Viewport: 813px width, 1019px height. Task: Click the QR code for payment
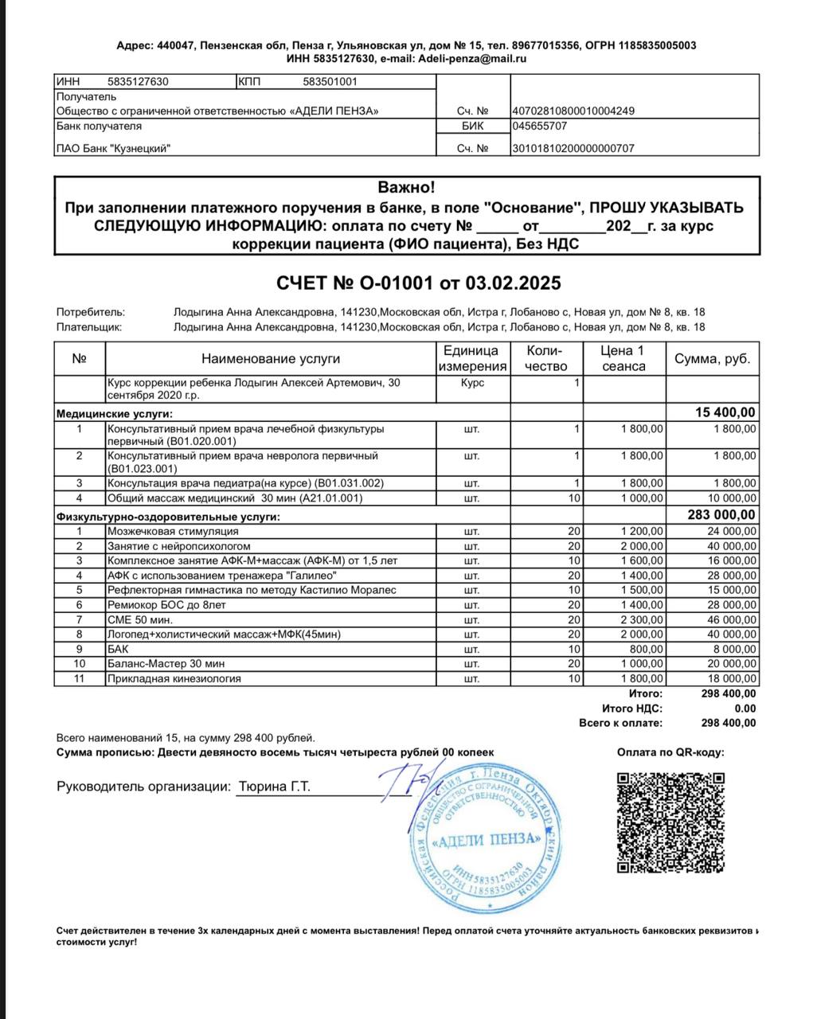tap(671, 822)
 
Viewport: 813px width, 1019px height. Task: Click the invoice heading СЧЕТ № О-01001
tap(418, 283)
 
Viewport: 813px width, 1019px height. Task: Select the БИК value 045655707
tap(540, 126)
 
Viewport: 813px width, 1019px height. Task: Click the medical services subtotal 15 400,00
tap(725, 412)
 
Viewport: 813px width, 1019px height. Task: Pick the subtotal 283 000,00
tap(721, 515)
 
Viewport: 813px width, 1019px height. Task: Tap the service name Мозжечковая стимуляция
tap(173, 531)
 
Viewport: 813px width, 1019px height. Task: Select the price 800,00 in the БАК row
tap(647, 649)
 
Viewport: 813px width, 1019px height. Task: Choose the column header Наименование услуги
tap(270, 359)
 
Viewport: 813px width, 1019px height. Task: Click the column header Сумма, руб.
tap(712, 359)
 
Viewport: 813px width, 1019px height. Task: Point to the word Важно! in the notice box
tap(406, 188)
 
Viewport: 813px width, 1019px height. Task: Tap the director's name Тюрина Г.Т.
tap(274, 787)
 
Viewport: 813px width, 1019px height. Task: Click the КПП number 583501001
tap(330, 81)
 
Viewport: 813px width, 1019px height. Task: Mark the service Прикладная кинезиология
tap(174, 678)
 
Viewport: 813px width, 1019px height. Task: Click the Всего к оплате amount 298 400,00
tap(728, 723)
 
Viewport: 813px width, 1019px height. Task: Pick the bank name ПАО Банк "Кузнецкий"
tap(113, 148)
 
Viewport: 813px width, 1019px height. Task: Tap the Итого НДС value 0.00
tap(745, 709)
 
